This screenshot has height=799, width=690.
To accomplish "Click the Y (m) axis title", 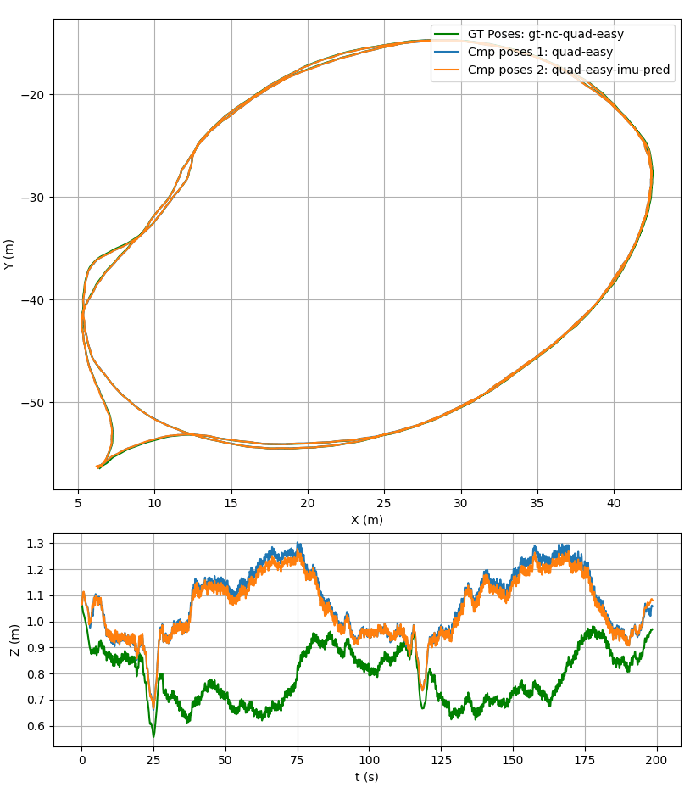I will pos(9,254).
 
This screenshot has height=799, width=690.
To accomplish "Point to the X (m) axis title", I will pos(367,520).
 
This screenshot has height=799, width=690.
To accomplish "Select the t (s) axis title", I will pos(367,777).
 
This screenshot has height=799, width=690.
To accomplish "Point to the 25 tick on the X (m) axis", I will pos(385,502).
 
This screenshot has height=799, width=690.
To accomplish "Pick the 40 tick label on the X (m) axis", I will pos(615,502).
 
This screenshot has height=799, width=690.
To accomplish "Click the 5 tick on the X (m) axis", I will pos(78,502).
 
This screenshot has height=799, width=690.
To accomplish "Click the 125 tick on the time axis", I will pos(441,759).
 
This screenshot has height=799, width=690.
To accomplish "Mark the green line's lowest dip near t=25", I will pos(153,736).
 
